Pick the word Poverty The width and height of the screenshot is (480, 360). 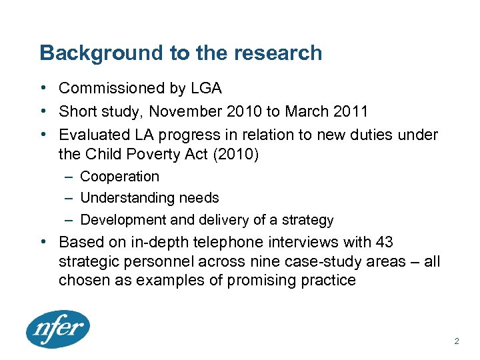point(187,155)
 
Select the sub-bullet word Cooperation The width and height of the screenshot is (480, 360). point(119,177)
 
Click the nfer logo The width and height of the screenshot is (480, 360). point(58,329)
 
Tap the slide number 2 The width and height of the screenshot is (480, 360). point(456,341)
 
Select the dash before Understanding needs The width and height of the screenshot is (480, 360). point(70,198)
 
